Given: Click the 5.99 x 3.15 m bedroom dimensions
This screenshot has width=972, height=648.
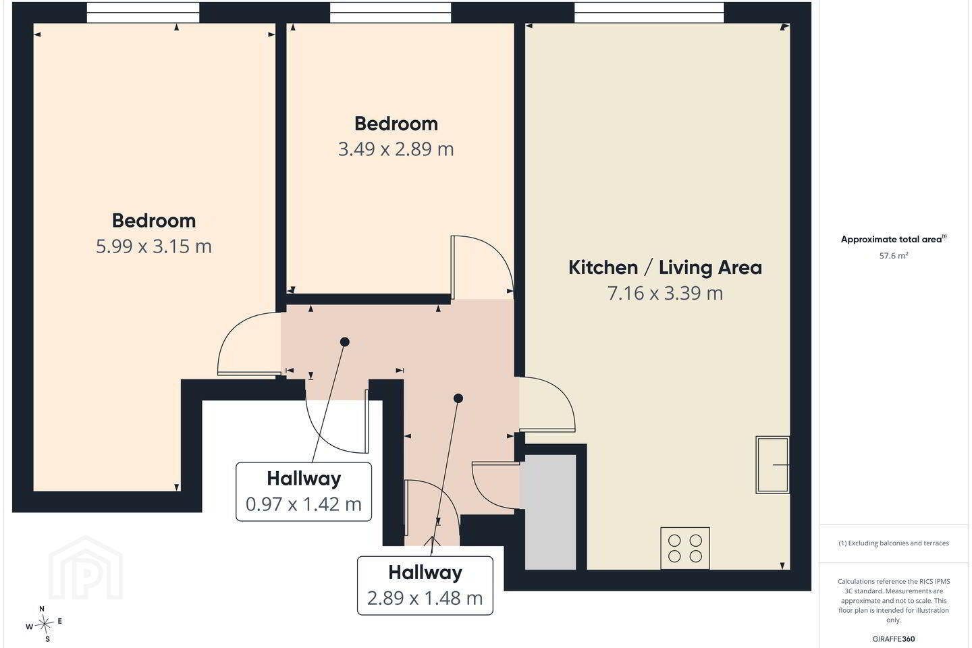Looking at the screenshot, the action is pos(154,246).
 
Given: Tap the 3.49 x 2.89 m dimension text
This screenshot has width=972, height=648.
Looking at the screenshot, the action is pos(396,149).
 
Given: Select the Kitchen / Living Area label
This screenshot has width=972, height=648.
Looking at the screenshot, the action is pos(666,267).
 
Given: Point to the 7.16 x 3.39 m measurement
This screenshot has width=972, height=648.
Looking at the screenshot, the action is pos(666,293).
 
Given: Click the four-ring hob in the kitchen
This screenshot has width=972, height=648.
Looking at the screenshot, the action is pos(685,548).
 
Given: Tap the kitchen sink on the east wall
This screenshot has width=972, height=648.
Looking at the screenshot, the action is pos(772,465).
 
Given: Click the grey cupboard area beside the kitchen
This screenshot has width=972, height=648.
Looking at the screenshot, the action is pos(550,512).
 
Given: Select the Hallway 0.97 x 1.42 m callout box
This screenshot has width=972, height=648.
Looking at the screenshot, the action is pos(304,491).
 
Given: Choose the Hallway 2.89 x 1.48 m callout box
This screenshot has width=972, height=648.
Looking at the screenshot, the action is pos(425,585).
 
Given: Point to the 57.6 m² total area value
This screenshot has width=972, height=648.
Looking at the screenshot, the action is pos(894,256).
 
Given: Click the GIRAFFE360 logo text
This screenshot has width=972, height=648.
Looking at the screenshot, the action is pos(894,639).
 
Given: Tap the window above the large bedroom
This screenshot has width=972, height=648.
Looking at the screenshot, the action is pos(143,13).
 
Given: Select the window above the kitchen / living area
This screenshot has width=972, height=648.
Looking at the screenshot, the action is pos(649,13).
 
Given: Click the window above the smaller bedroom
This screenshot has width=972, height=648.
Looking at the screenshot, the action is pos(391,13).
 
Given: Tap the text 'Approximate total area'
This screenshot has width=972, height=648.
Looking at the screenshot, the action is pos(891,239).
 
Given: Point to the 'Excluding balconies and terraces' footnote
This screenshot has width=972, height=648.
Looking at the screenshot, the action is pos(894,543).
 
